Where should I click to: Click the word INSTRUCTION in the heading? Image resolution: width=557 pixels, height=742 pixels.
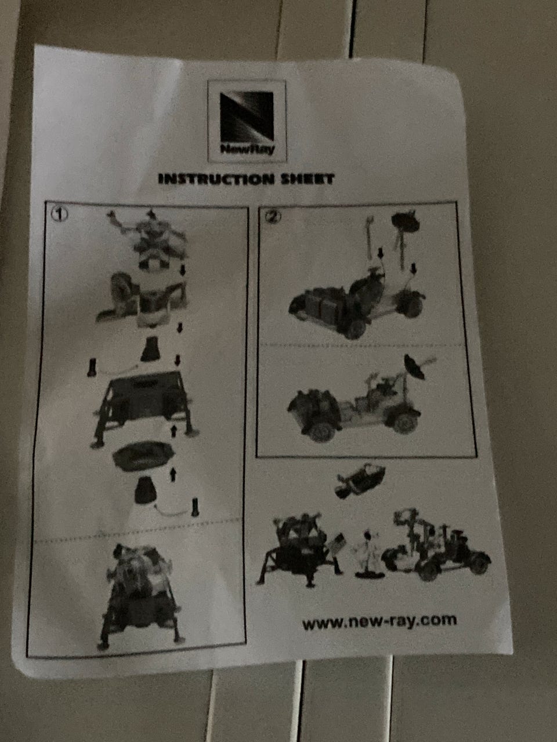216,179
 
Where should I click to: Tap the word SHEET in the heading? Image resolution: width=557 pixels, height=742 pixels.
308,179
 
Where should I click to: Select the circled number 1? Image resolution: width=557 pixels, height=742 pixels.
59,214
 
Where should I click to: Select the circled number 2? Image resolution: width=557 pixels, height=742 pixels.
273,217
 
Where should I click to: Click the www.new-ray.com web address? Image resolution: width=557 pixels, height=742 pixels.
379,621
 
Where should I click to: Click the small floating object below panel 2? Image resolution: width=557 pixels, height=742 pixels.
360,481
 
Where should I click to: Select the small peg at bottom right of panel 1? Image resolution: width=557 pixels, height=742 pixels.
195,508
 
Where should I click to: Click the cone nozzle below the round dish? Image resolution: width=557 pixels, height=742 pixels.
146,490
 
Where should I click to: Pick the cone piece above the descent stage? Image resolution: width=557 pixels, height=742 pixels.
150,349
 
